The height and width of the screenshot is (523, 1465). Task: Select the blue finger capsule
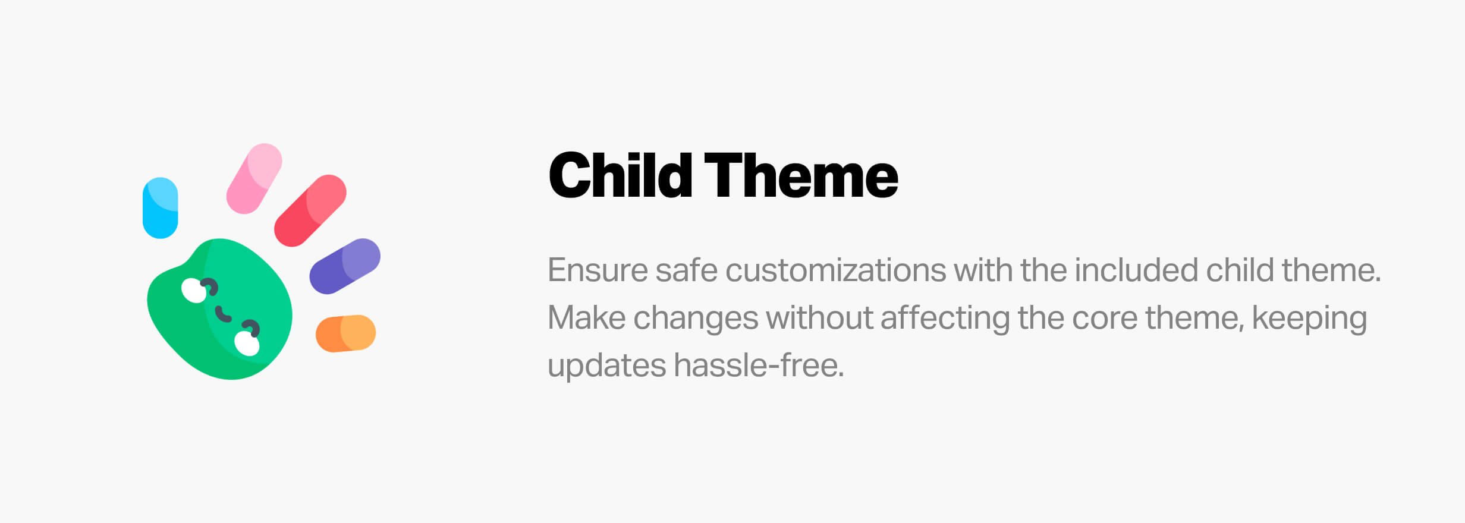pyautogui.click(x=161, y=208)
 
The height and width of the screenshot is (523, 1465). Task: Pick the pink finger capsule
pyautogui.click(x=254, y=178)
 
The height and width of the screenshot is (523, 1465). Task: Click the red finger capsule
pyautogui.click(x=310, y=210)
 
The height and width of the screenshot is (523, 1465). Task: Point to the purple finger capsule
pyautogui.click(x=345, y=266)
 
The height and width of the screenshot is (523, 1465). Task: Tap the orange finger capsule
pyautogui.click(x=345, y=333)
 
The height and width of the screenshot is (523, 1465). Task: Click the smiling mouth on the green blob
pyautogui.click(x=222, y=314)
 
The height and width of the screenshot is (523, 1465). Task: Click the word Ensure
pyautogui.click(x=598, y=270)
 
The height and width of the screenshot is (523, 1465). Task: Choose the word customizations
pyautogui.click(x=835, y=270)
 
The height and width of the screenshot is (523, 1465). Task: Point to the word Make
pyautogui.click(x=586, y=318)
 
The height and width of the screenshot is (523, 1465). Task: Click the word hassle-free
pyautogui.click(x=759, y=365)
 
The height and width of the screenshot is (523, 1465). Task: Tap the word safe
pyautogui.click(x=686, y=270)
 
